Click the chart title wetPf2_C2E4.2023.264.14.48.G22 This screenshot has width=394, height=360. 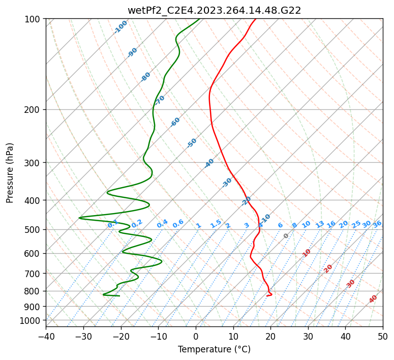coord(214,10)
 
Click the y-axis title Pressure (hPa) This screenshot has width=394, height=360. coord(10,172)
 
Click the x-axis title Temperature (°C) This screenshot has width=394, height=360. coord(214,349)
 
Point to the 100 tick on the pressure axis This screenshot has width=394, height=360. coord(34,19)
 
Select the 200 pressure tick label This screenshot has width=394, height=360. coord(34,109)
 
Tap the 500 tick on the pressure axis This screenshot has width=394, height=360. coord(34,229)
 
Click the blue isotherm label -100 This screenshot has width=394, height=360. coord(120,27)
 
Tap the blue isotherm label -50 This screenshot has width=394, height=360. coord(192,143)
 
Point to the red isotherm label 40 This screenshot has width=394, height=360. coord(373,299)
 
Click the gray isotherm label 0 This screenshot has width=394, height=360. coord(286,236)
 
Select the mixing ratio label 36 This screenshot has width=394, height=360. coord(377,224)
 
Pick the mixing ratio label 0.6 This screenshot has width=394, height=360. coord(178,224)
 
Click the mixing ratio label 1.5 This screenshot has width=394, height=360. coord(216,224)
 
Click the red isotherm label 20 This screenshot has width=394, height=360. coord(328,268)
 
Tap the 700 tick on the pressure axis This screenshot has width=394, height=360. coord(34,274)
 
